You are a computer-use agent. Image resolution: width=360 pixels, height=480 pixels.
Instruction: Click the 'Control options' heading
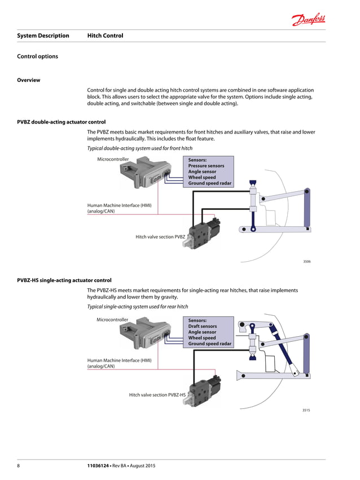click(x=38, y=56)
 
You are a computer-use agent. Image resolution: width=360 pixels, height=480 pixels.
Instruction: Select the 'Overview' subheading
click(x=29, y=80)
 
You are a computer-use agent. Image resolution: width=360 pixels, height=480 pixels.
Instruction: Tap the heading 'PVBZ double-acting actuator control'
click(x=62, y=122)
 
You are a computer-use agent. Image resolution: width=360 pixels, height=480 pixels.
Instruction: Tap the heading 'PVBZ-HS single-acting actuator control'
click(x=64, y=280)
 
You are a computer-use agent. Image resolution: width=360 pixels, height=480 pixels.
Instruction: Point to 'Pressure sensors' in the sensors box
click(x=206, y=166)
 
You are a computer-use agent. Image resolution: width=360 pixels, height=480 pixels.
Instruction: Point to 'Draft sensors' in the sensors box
click(x=202, y=326)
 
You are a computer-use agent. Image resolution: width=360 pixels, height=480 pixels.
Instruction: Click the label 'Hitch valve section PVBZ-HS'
click(x=157, y=395)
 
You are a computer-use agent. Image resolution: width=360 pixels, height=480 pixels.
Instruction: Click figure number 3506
click(x=306, y=262)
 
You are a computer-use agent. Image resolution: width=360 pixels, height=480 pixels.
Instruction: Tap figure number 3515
click(x=306, y=419)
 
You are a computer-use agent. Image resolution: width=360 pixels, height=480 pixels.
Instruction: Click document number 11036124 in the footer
click(x=100, y=465)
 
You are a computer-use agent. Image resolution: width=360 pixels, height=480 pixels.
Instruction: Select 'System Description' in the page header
click(x=43, y=36)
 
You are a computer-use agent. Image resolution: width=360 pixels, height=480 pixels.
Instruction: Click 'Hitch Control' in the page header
click(x=105, y=36)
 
